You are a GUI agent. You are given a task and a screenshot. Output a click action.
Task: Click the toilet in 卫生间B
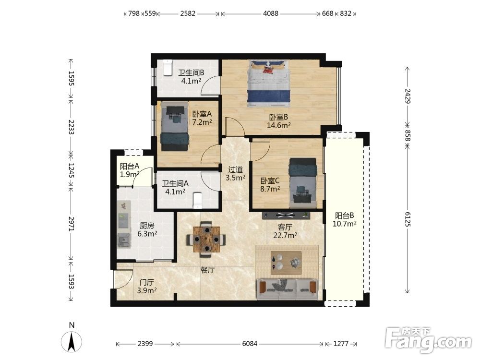click(x=168, y=67)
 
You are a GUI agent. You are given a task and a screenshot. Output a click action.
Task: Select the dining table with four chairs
click(x=206, y=239)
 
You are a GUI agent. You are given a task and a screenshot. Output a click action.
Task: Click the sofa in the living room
click(x=287, y=289)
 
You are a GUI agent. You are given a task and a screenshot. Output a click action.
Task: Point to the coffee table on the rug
click(x=286, y=263)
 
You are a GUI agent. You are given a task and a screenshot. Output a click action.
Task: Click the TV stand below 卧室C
click(x=286, y=215)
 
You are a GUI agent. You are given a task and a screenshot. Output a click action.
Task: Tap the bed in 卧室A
click(x=175, y=126)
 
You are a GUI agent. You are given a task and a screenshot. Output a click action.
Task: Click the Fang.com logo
click(x=428, y=339)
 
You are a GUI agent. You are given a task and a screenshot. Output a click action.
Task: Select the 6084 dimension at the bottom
click(x=250, y=344)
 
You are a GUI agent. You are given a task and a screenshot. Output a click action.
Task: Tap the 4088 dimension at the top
click(x=271, y=13)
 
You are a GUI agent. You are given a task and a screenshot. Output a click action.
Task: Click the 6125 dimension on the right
click(x=408, y=218)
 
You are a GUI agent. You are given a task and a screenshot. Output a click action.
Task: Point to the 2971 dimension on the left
click(x=71, y=224)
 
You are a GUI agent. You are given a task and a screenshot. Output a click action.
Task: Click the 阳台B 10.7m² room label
click(x=344, y=219)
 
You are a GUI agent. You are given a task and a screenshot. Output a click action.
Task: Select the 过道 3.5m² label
click(x=235, y=174)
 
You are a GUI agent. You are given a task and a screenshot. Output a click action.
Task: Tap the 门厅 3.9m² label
click(x=146, y=286)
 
